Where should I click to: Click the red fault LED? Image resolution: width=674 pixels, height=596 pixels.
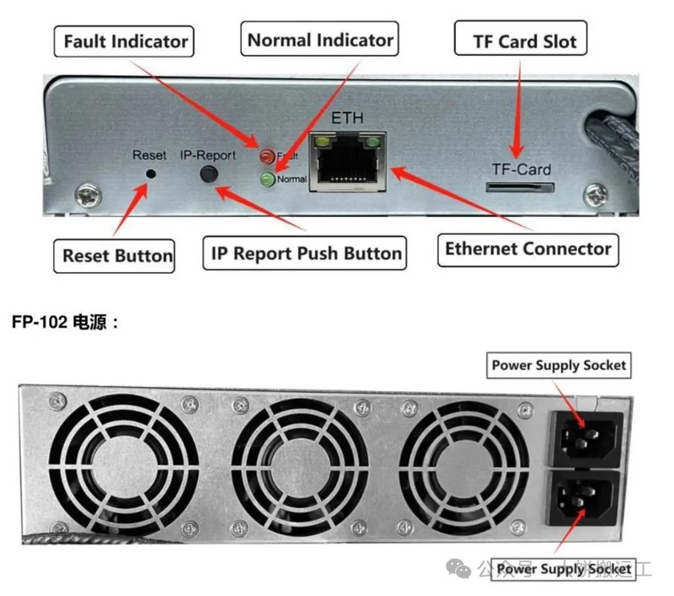click(x=267, y=155)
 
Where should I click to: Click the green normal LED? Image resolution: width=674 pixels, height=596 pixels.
click(x=268, y=179)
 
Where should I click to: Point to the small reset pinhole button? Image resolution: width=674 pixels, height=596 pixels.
click(x=151, y=174)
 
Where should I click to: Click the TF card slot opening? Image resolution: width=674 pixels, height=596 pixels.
click(x=516, y=190)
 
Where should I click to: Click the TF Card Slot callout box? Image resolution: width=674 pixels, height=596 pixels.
click(x=521, y=40)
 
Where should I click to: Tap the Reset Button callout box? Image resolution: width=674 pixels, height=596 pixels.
click(x=118, y=255)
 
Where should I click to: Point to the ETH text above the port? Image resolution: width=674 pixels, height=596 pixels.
click(x=347, y=119)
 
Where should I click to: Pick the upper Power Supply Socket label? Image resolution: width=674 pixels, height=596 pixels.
click(x=559, y=365)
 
